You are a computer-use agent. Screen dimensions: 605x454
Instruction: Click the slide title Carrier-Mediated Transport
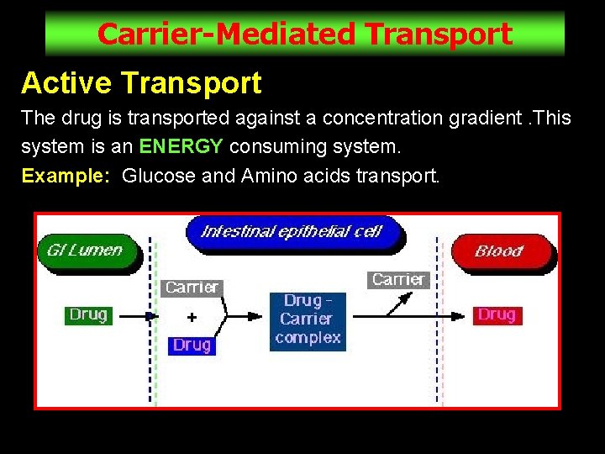point(304,34)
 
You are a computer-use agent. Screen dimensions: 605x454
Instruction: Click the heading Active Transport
point(141,83)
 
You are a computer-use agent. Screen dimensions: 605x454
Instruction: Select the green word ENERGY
point(181,146)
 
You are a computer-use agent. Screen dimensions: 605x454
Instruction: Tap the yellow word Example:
point(66,176)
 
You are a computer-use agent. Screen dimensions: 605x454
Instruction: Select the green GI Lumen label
point(85,250)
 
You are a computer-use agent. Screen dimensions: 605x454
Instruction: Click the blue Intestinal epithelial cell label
point(292,231)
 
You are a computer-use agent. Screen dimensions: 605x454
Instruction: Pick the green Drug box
point(88,315)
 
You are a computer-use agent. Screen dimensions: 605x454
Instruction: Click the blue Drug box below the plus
point(192,345)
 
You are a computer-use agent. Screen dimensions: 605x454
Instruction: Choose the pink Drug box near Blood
point(496,315)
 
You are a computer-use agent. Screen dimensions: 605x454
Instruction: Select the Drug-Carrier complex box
point(308,319)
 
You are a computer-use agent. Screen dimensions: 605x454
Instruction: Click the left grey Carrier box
point(192,288)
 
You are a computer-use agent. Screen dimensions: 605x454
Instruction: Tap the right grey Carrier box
point(398,280)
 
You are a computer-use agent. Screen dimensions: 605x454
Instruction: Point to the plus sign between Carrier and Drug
point(192,317)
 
